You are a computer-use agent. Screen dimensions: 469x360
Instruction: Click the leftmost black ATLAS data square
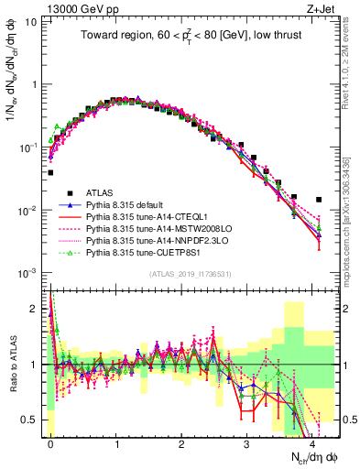50,172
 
